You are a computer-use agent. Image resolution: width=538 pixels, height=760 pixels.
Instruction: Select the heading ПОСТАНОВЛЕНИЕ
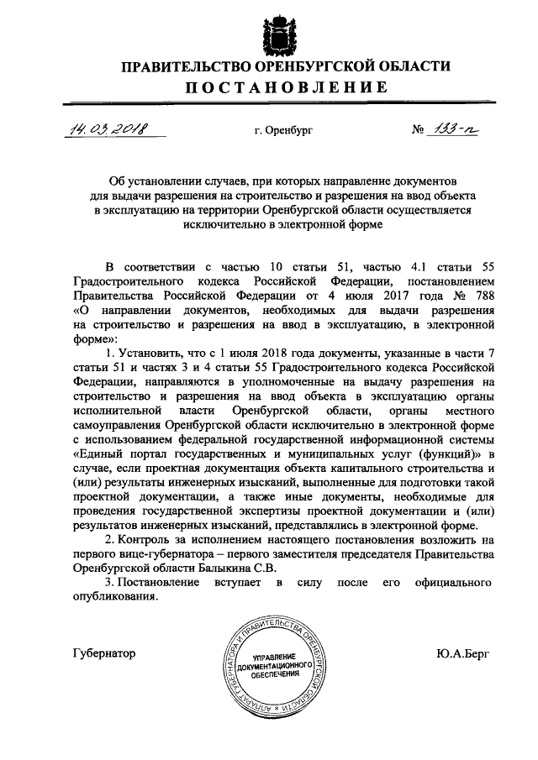coord(270,87)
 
